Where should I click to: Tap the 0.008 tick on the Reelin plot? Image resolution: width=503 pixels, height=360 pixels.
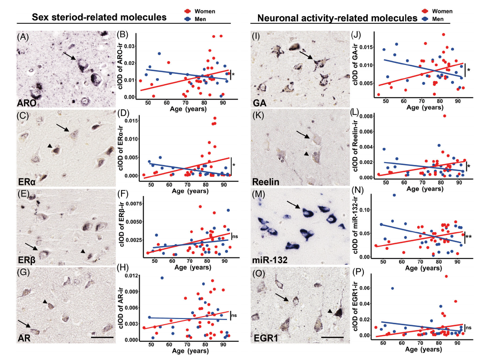pyautogui.click(x=365, y=116)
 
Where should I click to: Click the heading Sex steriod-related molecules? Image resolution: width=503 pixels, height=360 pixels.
pyautogui.click(x=99, y=18)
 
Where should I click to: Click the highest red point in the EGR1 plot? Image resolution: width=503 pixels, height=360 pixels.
pyautogui.click(x=446, y=276)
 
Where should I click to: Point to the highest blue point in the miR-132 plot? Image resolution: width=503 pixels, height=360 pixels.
pyautogui.click(x=394, y=195)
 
